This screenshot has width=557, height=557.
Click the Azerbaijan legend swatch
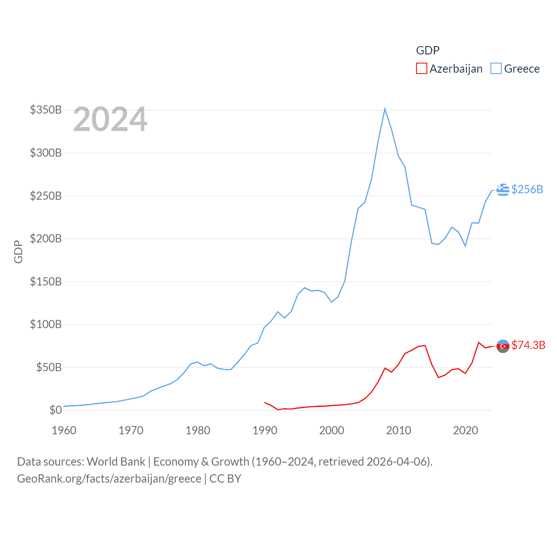coord(421,69)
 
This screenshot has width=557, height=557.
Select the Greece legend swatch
coord(496,69)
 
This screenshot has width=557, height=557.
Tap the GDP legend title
coord(428,50)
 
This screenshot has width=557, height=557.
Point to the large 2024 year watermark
coord(110,119)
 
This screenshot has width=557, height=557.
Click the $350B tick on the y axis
coord(46,110)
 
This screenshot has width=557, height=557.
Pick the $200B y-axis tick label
coord(46,238)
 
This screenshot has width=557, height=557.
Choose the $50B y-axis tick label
coord(49,367)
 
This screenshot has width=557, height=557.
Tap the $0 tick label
coord(55,410)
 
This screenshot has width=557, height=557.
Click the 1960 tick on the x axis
coord(64,430)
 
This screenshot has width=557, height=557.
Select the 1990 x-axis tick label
coord(265,430)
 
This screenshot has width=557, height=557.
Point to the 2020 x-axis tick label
coord(465,430)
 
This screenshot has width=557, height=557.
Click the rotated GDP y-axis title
coord(18,252)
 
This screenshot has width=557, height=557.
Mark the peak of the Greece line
coord(385,109)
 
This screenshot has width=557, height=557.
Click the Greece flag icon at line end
coord(503,190)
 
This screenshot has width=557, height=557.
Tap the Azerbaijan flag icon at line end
coord(503,346)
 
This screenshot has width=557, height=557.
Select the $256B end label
coord(527,189)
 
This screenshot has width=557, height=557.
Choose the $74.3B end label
coord(528,345)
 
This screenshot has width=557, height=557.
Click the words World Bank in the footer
coord(116,461)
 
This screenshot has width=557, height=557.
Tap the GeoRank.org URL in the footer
coord(109,479)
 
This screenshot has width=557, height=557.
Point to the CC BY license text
coord(225,479)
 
